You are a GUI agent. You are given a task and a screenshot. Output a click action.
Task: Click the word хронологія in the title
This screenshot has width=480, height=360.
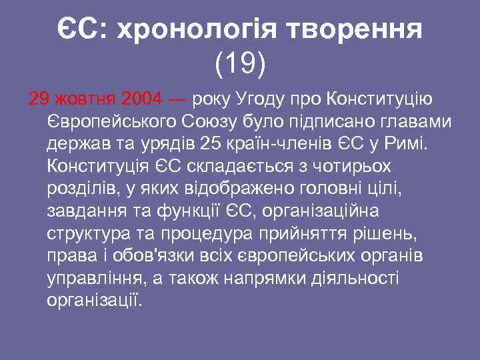pyautogui.click(x=197, y=30)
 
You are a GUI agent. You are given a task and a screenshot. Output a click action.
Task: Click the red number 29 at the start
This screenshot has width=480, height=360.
pyautogui.click(x=39, y=100)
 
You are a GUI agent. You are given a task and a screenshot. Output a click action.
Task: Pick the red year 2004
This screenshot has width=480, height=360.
pyautogui.click(x=142, y=100)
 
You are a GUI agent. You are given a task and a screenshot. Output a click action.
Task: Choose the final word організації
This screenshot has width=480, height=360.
pyautogui.click(x=95, y=300)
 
